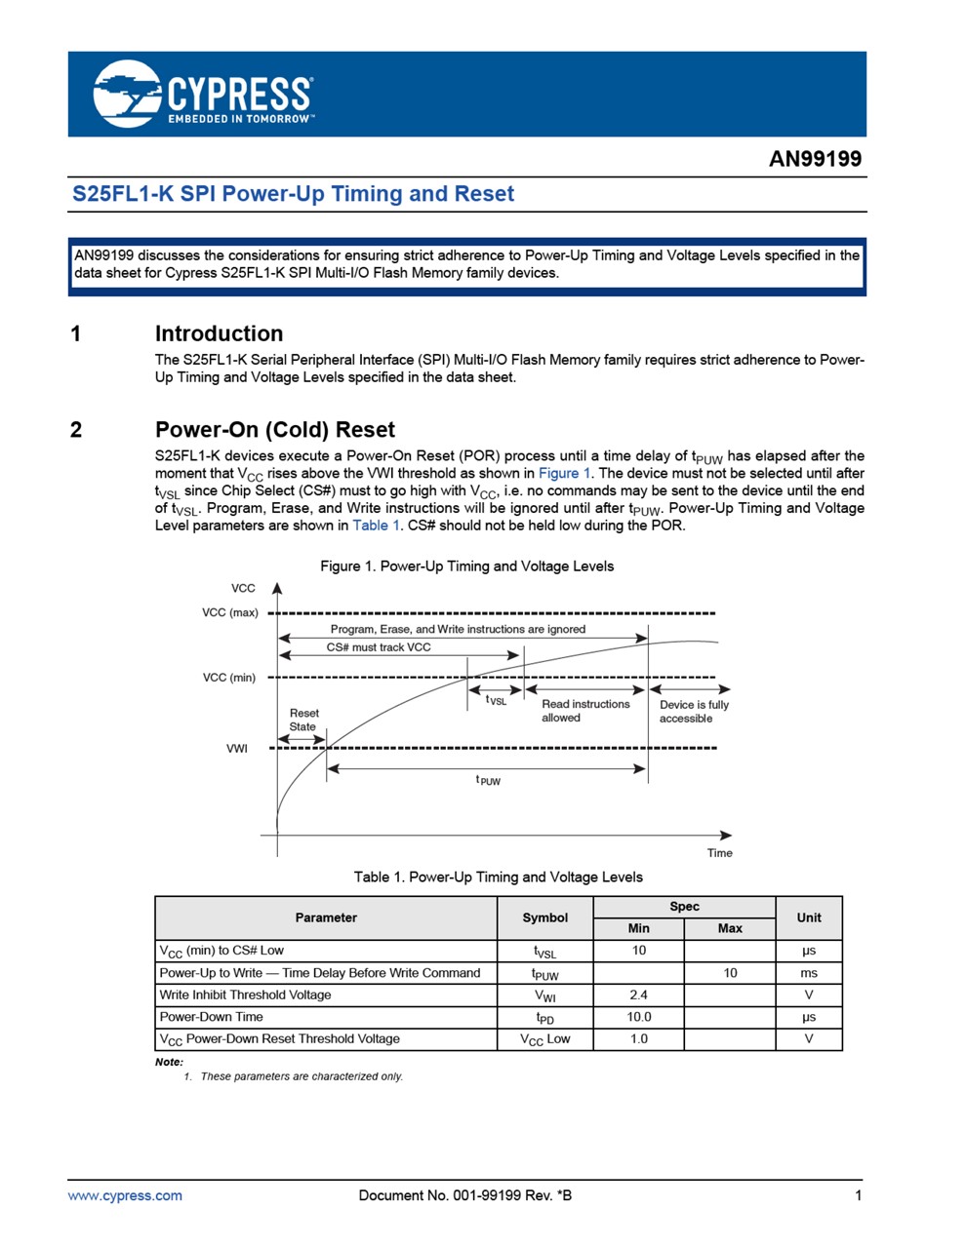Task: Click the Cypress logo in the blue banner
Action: pos(203,94)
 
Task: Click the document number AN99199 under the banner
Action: pos(815,159)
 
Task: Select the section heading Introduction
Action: pos(219,333)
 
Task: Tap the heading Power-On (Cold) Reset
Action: pos(274,430)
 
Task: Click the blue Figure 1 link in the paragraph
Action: pos(564,473)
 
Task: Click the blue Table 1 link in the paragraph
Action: pos(376,526)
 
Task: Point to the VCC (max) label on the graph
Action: pos(230,612)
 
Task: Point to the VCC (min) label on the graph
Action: pos(229,678)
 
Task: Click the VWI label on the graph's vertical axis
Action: pos(237,749)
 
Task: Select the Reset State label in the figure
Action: pos(303,720)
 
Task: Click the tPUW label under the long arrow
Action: pos(488,781)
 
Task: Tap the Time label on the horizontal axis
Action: pos(719,853)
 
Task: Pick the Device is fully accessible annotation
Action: pos(693,712)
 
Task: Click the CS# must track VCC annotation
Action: pos(379,647)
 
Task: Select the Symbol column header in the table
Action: pos(544,917)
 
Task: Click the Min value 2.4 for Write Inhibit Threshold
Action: pos(638,995)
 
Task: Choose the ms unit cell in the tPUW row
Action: pos(808,973)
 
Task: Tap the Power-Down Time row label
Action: pos(211,1017)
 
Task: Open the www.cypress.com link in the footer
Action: pos(125,1195)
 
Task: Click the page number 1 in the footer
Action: pos(858,1195)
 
